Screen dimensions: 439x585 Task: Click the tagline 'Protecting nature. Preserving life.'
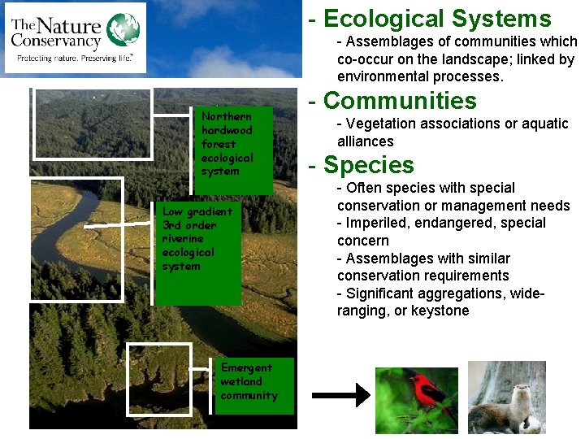tap(75, 59)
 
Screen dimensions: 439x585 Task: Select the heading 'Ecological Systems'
tap(437, 19)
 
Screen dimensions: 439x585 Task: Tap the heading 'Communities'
tap(400, 101)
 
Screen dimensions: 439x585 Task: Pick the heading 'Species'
tap(368, 165)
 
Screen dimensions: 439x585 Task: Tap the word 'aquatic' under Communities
tap(545, 124)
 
